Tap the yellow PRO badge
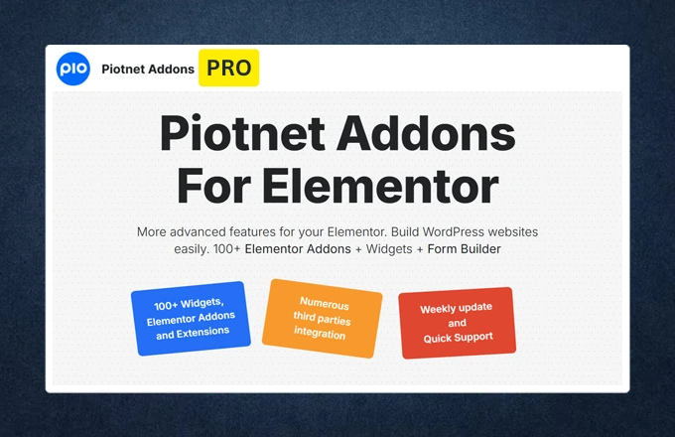pos(229,69)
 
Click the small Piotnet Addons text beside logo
pos(148,71)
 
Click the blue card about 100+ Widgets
pos(190,318)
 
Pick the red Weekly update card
pos(457,323)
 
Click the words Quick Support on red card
pos(457,337)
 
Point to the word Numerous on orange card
pos(324,302)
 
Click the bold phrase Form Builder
pos(465,249)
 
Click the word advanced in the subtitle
pos(206,231)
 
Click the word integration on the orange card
pos(320,335)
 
